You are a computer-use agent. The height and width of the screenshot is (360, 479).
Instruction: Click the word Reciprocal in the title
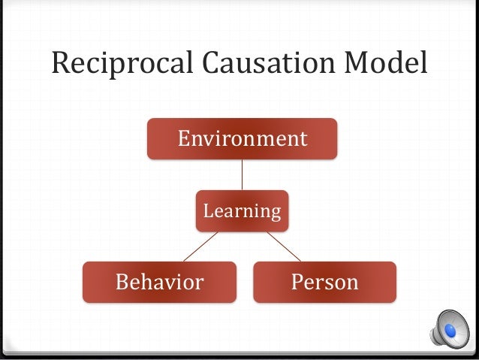click(110, 64)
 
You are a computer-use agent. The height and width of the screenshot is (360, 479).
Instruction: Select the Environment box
click(242, 139)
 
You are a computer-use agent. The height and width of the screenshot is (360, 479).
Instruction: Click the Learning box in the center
click(242, 211)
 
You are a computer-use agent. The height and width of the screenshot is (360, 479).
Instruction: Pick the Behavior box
click(158, 282)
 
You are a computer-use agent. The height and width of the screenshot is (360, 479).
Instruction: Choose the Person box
click(324, 282)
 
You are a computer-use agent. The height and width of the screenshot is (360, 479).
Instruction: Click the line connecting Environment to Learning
click(242, 174)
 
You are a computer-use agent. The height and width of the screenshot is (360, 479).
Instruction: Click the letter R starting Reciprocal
click(61, 64)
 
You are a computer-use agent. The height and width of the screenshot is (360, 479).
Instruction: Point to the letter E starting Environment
click(182, 139)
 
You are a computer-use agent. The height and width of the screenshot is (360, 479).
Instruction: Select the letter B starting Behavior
click(120, 282)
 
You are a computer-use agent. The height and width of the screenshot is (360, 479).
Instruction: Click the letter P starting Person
click(296, 282)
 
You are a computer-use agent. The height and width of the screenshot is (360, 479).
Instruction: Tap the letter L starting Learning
click(208, 211)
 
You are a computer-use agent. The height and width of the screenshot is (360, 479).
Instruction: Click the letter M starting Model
click(356, 64)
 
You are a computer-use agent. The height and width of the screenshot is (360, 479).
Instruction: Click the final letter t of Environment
click(303, 139)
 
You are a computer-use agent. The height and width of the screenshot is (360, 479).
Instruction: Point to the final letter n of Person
click(352, 283)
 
